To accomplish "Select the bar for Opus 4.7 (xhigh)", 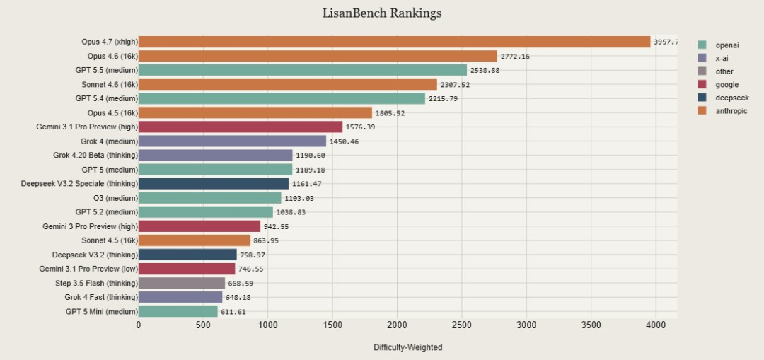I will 394,42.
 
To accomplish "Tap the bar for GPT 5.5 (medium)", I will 302,70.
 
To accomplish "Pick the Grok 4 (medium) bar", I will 232,141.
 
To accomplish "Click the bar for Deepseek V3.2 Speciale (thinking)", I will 213,184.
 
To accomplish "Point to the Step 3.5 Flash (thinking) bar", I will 181,283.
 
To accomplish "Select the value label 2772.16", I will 516,57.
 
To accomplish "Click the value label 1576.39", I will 360,127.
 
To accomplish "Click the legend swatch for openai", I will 702,45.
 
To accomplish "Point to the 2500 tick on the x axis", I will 462,325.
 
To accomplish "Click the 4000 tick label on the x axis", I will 656,325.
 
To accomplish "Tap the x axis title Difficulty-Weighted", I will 407,347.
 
